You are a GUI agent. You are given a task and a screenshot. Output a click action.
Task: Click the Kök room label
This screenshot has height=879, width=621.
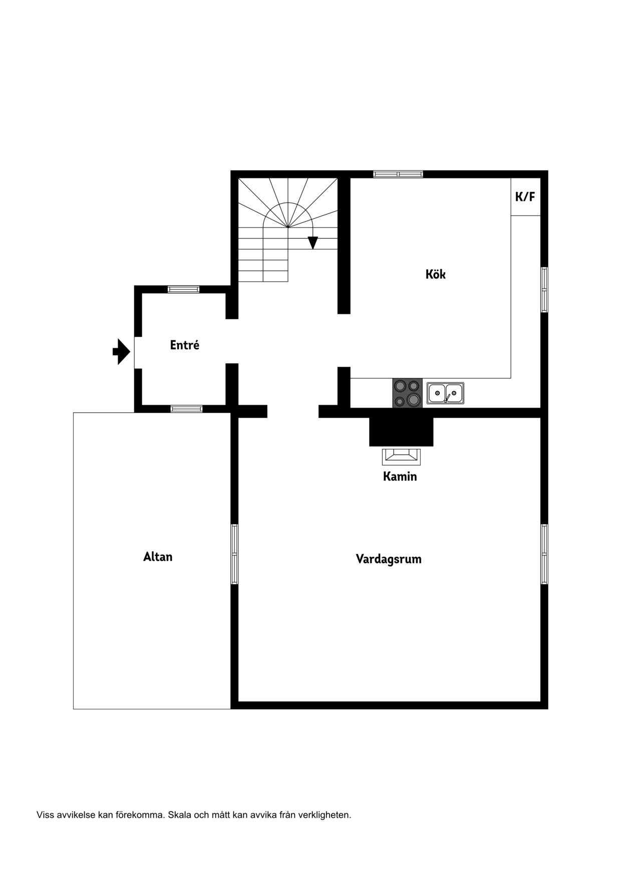(x=435, y=274)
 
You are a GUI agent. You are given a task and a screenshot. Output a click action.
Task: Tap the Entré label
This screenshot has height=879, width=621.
(x=184, y=345)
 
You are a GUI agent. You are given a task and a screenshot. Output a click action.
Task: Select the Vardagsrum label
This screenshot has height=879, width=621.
(x=389, y=559)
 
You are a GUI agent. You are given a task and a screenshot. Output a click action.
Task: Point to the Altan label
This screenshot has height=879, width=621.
(x=158, y=557)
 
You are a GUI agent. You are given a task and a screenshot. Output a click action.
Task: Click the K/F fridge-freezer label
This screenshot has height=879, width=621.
(x=525, y=196)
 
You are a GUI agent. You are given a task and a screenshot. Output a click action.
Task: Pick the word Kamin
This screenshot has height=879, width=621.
(x=400, y=476)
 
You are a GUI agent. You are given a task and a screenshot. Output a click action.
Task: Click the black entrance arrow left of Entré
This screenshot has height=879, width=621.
(x=121, y=351)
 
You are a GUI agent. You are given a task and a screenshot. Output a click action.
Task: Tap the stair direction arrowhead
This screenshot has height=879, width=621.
(x=313, y=243)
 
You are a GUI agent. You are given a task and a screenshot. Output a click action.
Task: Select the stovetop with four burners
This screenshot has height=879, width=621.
(x=407, y=393)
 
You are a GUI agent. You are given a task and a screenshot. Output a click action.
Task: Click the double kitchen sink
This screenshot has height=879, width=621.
(x=445, y=393)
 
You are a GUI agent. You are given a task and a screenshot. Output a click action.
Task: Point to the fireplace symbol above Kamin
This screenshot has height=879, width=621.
(x=401, y=457)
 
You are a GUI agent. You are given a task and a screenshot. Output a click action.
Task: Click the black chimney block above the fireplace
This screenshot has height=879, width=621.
(x=401, y=432)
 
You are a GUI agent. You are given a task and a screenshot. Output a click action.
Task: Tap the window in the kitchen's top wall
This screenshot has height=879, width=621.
(x=398, y=174)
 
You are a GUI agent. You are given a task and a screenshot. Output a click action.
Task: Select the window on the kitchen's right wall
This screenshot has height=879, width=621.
(x=544, y=290)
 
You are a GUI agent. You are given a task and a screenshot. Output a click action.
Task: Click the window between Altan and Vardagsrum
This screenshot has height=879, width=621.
(x=234, y=554)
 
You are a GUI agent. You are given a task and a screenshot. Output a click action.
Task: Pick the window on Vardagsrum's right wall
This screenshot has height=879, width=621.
(x=544, y=554)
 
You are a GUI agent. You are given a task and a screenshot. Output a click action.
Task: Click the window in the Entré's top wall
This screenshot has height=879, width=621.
(x=183, y=289)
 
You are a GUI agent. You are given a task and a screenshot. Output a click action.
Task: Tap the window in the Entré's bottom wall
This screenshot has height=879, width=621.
(x=187, y=409)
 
